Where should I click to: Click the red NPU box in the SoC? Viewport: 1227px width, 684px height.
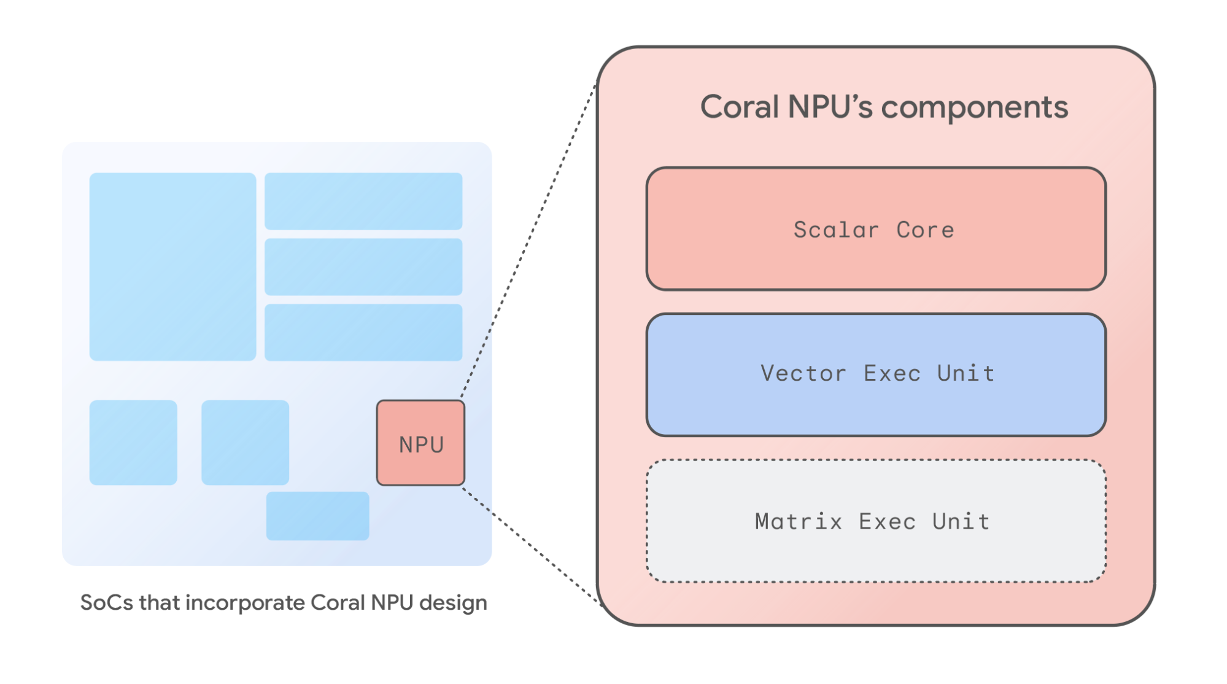420,443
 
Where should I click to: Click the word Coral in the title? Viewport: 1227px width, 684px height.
739,107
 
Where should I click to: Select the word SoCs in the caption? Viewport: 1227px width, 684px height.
106,603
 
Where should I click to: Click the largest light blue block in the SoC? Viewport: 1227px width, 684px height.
172,266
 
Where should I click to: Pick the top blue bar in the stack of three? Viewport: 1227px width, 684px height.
363,201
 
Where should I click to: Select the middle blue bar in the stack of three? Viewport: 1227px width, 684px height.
363,267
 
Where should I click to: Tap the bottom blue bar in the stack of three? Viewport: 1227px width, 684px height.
363,332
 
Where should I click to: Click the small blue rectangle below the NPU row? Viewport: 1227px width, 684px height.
317,516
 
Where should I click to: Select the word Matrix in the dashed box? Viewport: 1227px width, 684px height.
798,522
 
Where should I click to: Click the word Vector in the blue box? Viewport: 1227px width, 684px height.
803,373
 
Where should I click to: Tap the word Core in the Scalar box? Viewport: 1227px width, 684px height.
925,230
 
